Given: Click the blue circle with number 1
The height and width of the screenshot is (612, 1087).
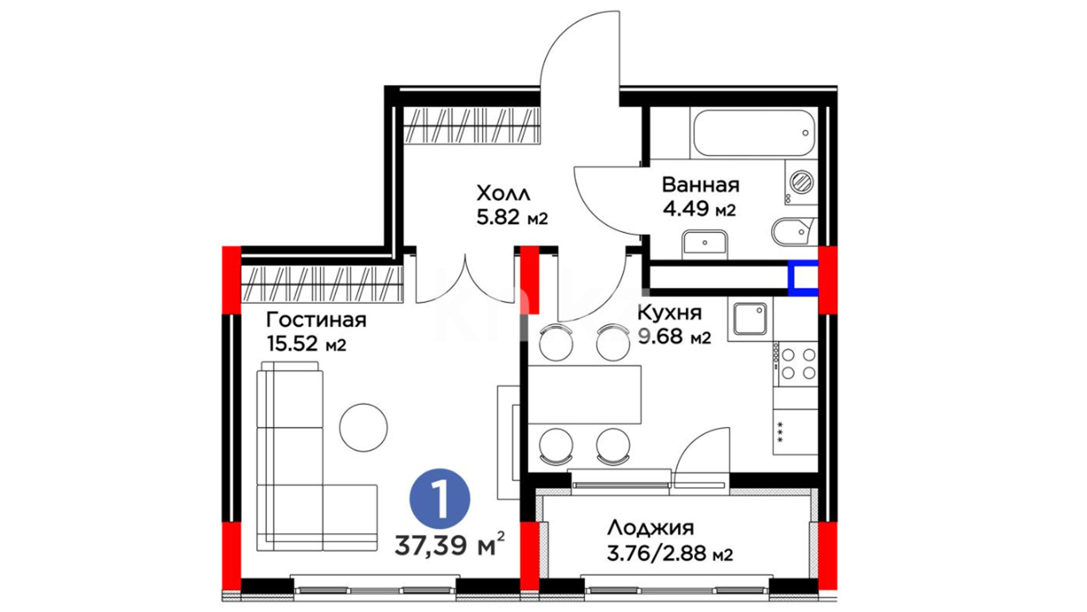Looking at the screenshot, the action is pyautogui.click(x=440, y=499).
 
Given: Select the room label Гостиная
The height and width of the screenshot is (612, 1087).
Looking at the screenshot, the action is pyautogui.click(x=316, y=320).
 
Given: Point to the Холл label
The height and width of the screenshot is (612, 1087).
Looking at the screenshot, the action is pyautogui.click(x=503, y=194).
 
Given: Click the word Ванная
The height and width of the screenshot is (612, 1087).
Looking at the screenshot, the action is pyautogui.click(x=701, y=185).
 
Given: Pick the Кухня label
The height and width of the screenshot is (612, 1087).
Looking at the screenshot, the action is pyautogui.click(x=670, y=312).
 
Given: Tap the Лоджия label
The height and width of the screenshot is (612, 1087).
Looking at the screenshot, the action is pyautogui.click(x=651, y=528).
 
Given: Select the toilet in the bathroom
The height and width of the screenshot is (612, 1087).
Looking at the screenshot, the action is pyautogui.click(x=792, y=231).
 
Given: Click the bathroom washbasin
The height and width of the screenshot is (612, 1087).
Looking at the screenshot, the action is pyautogui.click(x=705, y=243).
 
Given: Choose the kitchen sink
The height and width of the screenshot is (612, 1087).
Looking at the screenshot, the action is pyautogui.click(x=750, y=318).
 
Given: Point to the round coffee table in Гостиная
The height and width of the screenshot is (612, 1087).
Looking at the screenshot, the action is pyautogui.click(x=363, y=427).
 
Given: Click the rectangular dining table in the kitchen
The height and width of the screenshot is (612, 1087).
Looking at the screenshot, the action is pyautogui.click(x=584, y=394).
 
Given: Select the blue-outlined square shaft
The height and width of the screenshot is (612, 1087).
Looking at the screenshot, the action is pyautogui.click(x=803, y=278).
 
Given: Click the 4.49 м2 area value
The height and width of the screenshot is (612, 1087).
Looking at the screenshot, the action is pyautogui.click(x=699, y=209).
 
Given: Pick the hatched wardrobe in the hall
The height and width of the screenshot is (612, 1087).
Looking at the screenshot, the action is pyautogui.click(x=471, y=125).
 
